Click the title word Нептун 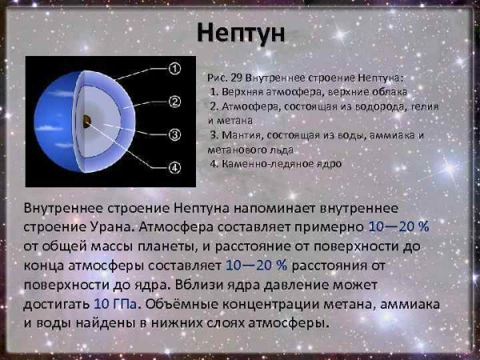tap(240, 34)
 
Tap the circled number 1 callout tap(177, 70)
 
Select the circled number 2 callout tap(177, 102)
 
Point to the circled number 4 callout tap(177, 167)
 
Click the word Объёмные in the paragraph tap(186, 304)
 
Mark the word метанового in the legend tap(236, 149)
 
